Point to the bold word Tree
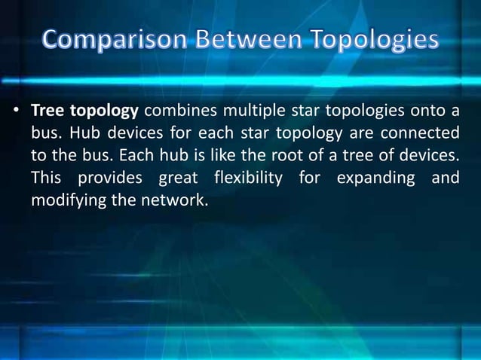[47, 111]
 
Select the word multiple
[262, 111]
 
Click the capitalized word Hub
[78, 134]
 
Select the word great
[178, 179]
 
